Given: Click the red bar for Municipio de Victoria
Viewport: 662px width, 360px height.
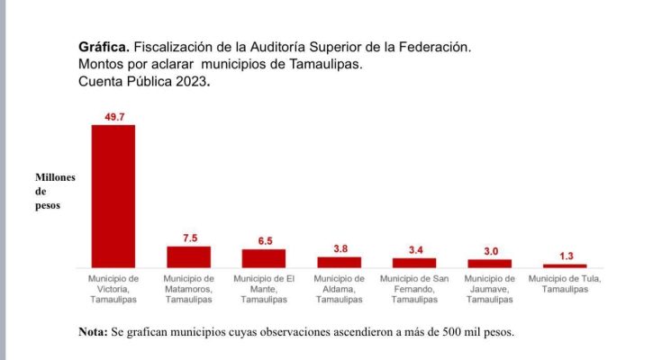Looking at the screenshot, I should (113, 195).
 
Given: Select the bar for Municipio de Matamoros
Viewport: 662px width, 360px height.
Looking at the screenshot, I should (189, 256).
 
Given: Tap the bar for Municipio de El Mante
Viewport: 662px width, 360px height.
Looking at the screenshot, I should (264, 258).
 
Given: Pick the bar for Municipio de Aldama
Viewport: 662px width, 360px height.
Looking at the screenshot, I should (339, 262).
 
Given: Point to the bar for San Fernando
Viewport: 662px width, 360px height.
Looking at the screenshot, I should (414, 263).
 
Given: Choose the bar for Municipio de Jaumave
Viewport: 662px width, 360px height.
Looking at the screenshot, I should (489, 263).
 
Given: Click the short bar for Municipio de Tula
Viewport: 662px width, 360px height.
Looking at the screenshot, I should (565, 265).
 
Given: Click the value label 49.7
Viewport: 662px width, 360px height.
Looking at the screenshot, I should (113, 116).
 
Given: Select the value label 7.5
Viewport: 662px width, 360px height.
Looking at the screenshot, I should (189, 238).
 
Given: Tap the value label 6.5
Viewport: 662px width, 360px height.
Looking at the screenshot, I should (264, 240).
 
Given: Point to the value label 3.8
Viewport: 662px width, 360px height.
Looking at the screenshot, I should (339, 248).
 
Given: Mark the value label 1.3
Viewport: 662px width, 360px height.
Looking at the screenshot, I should (565, 256).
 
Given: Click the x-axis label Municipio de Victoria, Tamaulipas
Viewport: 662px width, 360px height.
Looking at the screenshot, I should (113, 288).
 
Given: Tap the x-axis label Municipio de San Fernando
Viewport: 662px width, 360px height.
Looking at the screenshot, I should (414, 288).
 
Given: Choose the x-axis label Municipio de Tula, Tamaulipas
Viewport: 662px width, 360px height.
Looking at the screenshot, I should (565, 283).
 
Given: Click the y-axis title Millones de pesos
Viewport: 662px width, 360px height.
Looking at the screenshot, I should (55, 191).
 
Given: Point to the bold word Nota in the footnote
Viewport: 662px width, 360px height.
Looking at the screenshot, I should (93, 332).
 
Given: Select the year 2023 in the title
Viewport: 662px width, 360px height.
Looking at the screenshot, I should (191, 81).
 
